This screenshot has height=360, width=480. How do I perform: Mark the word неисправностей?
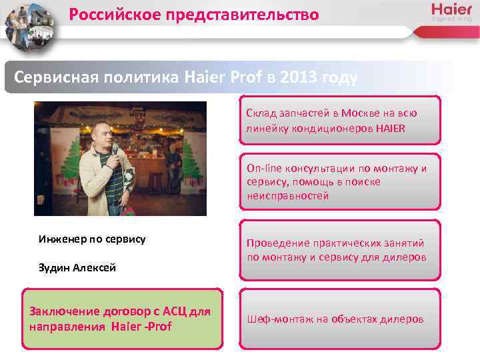[287, 195]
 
